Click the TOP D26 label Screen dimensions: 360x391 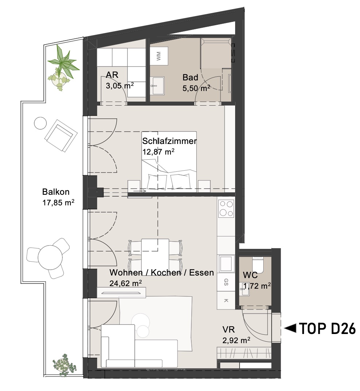327,329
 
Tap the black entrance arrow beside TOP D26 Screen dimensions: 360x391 290,328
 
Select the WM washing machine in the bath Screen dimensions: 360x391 159,56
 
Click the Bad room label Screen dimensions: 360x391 190,77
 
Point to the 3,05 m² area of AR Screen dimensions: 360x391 120,86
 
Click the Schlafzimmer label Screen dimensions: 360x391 169,141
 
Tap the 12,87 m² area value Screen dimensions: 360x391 158,152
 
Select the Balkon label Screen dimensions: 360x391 56,192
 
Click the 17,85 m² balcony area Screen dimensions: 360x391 58,202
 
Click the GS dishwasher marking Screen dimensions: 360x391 226,282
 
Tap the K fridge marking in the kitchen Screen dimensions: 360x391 226,300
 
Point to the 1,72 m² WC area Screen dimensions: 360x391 257,286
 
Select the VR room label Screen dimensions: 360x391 229,329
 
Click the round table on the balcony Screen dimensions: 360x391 50,258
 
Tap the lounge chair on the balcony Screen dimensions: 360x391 61,136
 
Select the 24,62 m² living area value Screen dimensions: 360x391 126,283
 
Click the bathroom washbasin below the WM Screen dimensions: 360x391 158,86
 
